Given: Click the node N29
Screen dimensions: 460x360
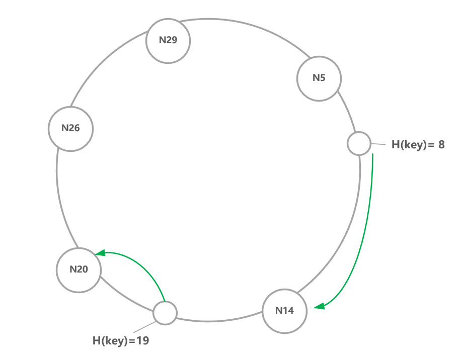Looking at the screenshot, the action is click(x=168, y=41).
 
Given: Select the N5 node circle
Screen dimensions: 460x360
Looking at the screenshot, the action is click(x=319, y=78).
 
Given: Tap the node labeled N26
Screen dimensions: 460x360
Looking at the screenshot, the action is click(x=71, y=128).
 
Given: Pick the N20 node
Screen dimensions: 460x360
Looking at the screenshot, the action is click(x=79, y=269).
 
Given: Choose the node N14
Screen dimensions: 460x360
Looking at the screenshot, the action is click(x=285, y=310).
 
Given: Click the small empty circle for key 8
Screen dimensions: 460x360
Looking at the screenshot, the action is click(x=359, y=143).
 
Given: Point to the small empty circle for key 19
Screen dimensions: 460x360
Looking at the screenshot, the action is click(x=165, y=313).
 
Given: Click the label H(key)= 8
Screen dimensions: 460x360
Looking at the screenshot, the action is click(x=418, y=145).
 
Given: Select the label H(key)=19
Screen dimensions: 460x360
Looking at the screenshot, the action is click(x=121, y=340).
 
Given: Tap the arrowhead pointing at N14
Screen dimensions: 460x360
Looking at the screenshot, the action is click(x=318, y=306).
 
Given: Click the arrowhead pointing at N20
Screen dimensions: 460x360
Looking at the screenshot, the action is click(x=100, y=253).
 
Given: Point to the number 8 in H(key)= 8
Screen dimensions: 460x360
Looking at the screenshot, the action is click(x=441, y=145).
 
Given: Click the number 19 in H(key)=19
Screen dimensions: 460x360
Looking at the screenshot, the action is click(x=142, y=340).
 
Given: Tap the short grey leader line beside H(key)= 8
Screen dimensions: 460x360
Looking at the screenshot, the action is click(x=378, y=144).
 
